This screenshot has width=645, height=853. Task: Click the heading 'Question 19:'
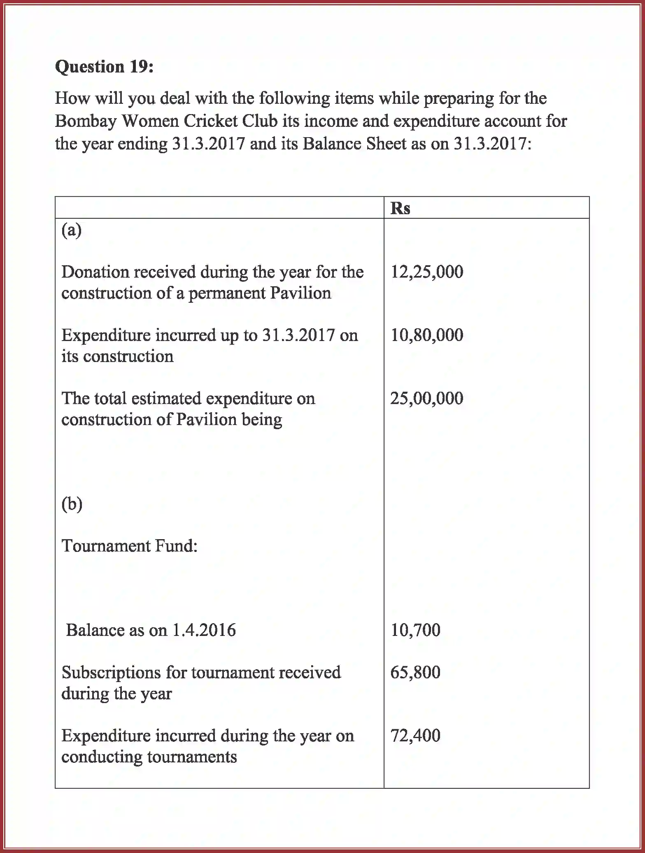(104, 67)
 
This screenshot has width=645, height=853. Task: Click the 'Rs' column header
(400, 208)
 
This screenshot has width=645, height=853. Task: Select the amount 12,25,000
(426, 272)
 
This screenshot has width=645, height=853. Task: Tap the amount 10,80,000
(426, 335)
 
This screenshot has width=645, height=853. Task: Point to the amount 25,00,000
(426, 398)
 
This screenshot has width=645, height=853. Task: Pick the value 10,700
(415, 630)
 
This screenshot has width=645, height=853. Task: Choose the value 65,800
(415, 672)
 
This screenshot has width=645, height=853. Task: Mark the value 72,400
(415, 735)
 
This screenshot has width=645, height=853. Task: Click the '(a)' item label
(71, 230)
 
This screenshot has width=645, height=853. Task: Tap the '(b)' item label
(72, 503)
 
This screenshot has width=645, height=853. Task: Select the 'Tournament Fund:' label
(129, 546)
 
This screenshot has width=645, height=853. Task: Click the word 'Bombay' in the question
(85, 121)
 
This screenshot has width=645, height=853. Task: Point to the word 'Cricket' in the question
(210, 121)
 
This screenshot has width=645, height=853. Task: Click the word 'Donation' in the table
(94, 272)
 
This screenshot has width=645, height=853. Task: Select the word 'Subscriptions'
(111, 672)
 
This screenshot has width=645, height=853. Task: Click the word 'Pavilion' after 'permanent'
(300, 293)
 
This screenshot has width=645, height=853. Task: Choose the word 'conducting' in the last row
(101, 757)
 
